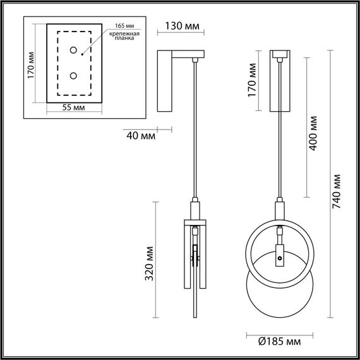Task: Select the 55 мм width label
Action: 75,108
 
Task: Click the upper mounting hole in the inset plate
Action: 75,50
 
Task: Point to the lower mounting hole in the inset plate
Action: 75,76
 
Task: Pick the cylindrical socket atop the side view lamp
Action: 194,208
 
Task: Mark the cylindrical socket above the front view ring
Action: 278,209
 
